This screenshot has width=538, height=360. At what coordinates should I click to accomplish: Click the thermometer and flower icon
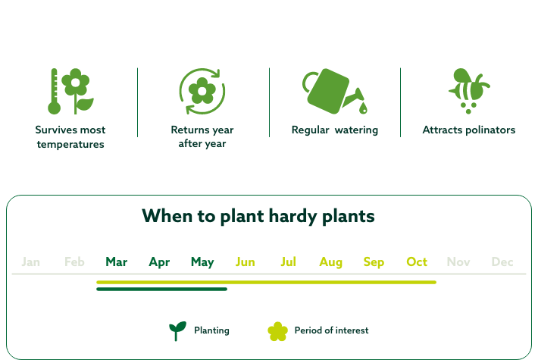pos(70,91)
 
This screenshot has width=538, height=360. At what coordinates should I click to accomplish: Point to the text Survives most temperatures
pos(70,137)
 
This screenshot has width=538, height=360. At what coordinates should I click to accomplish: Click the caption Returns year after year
pos(202,137)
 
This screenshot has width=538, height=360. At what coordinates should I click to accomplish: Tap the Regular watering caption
pos(335,130)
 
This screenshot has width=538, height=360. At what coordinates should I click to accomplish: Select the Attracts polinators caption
pos(469,130)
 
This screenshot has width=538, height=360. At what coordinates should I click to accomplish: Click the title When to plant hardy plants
pos(258,216)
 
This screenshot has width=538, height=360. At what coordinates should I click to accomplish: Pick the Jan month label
pos(31,262)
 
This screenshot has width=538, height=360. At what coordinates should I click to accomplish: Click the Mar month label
pos(116,262)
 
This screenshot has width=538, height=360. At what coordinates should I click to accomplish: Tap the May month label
pos(202,262)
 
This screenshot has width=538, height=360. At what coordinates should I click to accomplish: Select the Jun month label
pos(246,262)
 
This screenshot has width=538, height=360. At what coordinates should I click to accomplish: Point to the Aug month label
pos(330,262)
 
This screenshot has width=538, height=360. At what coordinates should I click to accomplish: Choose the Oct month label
pos(417,262)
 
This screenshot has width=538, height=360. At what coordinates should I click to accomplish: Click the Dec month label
pos(502,262)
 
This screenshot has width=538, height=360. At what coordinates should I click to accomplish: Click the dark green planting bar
pos(161,289)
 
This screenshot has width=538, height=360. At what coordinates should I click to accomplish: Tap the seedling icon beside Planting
pos(177,331)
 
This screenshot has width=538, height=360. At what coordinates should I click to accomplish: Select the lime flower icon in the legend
pos(278,331)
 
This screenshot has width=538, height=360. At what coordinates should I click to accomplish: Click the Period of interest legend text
pos(332,330)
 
